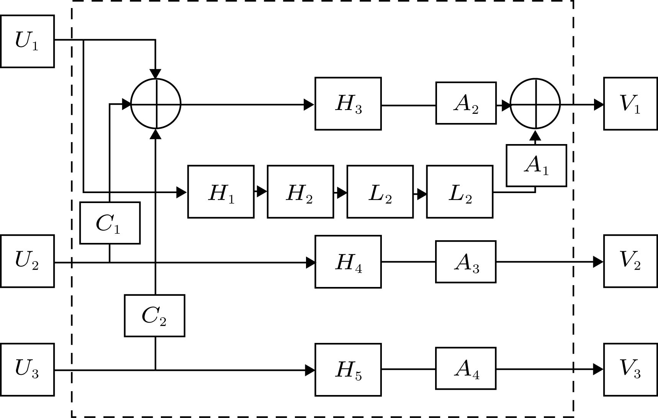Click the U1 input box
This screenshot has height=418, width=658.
27,41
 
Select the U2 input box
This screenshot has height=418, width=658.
27,261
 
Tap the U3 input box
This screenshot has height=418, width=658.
27,369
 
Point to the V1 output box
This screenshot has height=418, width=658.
630,104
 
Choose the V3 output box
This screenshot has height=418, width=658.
630,369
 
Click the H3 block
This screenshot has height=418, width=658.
348,104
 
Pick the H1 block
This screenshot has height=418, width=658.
221,192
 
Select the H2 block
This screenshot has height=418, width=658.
300,192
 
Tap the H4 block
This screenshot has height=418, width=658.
348,262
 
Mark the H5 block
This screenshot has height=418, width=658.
348,370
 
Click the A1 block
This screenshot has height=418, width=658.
536,166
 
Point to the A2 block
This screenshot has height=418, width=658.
466,103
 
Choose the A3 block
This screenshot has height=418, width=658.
466,262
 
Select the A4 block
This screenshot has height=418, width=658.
466,368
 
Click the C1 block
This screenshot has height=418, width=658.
110,223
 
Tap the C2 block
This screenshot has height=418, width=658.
154,316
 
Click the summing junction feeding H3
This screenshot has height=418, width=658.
156,104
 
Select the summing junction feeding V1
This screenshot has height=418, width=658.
535,104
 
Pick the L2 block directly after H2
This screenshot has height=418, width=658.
380,192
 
